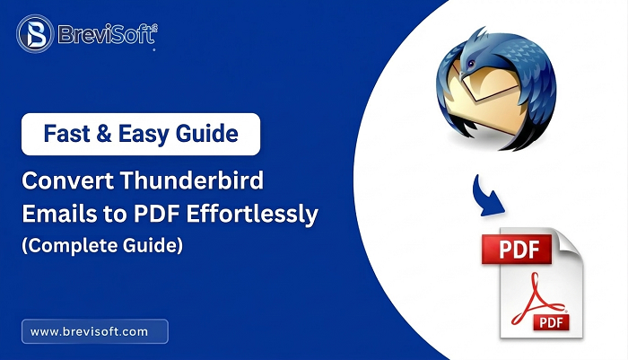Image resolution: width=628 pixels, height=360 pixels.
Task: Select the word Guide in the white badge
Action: point(208,135)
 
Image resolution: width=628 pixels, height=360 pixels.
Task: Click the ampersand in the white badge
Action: point(104,135)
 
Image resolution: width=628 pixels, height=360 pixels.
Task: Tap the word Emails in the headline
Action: point(54,214)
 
